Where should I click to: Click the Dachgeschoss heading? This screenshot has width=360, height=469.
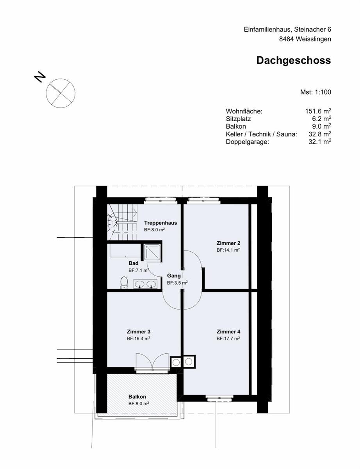pyautogui.click(x=293, y=61)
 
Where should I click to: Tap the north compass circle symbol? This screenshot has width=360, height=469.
pyautogui.click(x=61, y=93)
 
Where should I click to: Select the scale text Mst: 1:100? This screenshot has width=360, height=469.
pyautogui.click(x=315, y=92)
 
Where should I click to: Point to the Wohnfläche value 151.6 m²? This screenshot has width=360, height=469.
pyautogui.click(x=318, y=111)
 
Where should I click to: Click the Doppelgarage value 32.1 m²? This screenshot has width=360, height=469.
pyautogui.click(x=319, y=142)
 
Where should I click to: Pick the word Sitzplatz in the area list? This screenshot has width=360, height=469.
pyautogui.click(x=238, y=119)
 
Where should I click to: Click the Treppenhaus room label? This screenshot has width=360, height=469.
pyautogui.click(x=160, y=223)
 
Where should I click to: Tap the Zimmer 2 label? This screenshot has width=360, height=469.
pyautogui.click(x=228, y=243)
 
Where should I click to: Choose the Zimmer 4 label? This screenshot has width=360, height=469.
pyautogui.click(x=228, y=331)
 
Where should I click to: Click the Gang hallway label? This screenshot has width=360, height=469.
pyautogui.click(x=174, y=276)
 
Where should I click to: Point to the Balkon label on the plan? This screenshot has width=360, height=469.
pyautogui.click(x=137, y=397)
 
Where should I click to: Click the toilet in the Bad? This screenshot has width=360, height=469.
pyautogui.click(x=125, y=283)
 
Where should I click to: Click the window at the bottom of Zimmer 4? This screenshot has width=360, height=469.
pyautogui.click(x=216, y=398)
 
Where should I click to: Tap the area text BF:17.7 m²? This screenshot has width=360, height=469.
pyautogui.click(x=228, y=338)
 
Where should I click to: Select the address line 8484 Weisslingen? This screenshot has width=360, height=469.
pyautogui.click(x=305, y=39)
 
